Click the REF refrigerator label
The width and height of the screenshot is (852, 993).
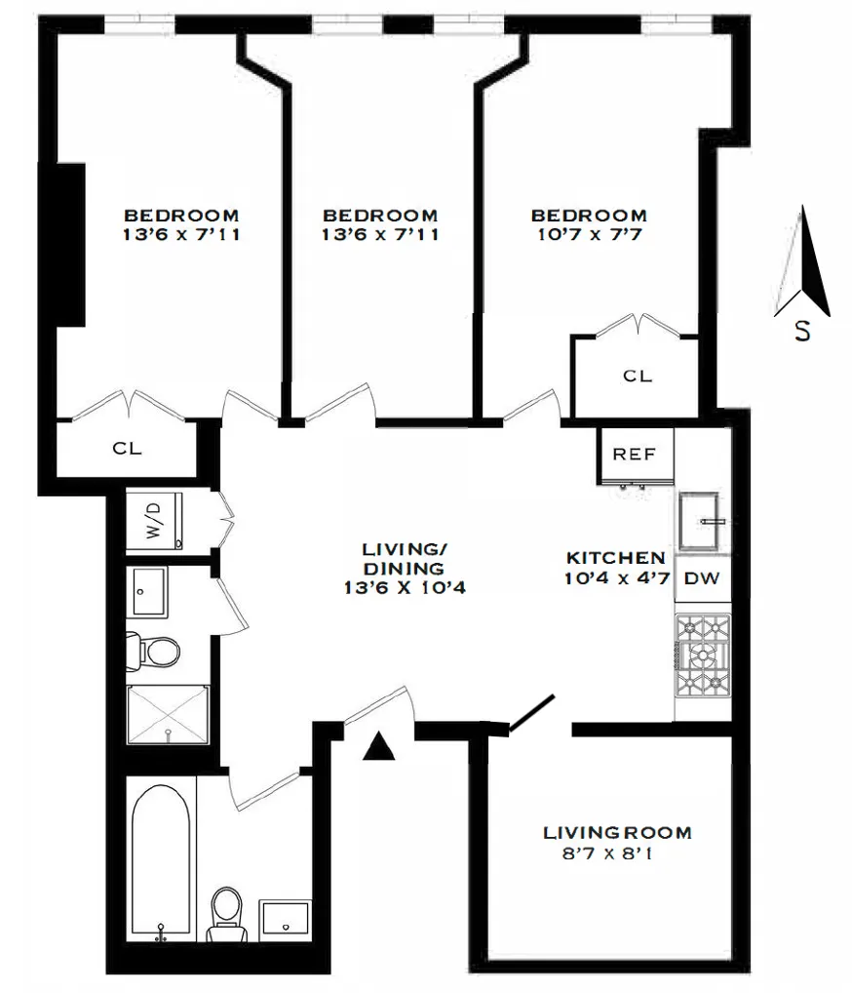634,455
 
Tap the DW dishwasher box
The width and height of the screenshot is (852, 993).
701,577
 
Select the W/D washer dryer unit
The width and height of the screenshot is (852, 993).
155,522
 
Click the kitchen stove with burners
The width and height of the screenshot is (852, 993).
702,655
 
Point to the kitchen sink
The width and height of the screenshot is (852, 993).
702,523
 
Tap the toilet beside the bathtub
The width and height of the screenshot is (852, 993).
227,915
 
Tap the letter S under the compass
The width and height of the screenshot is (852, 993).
802,332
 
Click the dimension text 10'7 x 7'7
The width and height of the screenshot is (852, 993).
587,234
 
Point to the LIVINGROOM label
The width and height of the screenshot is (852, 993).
617,833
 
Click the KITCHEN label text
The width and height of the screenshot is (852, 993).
616,558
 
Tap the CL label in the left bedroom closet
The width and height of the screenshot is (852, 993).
126,449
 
